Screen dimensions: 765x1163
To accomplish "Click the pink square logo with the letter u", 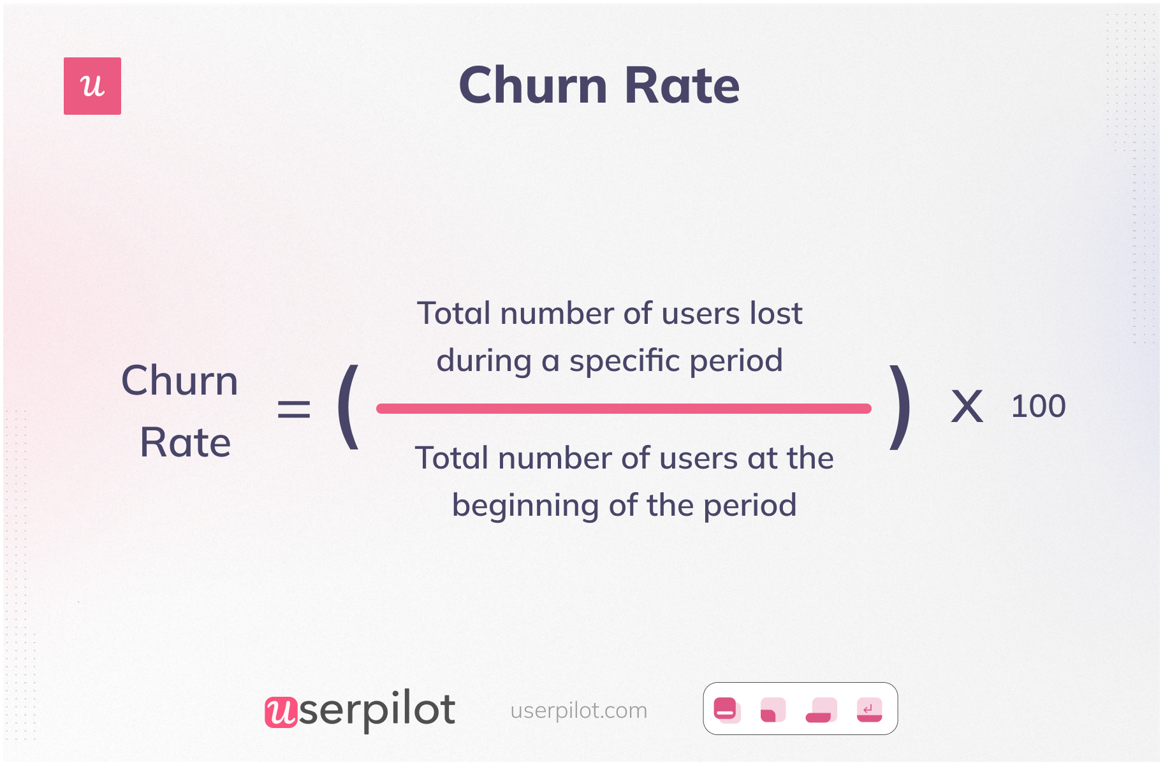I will point(92,86).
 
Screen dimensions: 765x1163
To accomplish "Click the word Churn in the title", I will point(533,85).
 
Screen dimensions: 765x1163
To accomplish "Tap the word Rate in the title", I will point(682,85).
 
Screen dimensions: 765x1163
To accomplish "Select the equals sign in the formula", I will point(294,409).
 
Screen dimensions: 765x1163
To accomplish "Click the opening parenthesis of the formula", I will point(348,407).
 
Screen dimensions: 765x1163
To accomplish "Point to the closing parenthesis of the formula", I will point(900,407).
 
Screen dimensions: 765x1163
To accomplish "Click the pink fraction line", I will point(624,409).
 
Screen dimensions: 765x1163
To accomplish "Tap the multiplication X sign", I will point(967,407).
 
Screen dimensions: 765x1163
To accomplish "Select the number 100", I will point(1038,407).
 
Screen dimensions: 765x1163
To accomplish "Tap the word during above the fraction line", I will point(484,361).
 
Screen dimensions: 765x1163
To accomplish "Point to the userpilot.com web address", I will point(578,710).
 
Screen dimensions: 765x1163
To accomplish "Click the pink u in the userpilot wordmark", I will point(281,711).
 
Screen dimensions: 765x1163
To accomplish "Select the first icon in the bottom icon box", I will point(726,710).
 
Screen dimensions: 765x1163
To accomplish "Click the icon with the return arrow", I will point(869,710).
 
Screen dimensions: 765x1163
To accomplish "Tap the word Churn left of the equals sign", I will point(179,381).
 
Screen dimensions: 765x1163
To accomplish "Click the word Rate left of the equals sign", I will point(185,442).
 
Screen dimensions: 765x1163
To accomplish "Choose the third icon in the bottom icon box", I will point(821,710).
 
